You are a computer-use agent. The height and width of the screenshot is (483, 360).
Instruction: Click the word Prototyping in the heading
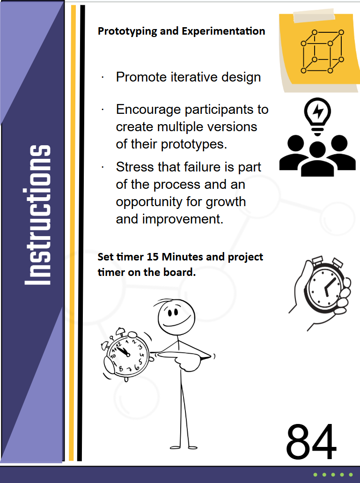pos(127,31)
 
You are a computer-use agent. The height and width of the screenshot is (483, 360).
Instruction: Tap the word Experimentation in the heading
pos(223,31)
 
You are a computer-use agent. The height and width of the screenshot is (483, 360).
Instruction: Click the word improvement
pos(183,219)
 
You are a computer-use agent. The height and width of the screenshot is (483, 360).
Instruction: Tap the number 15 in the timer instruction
pos(152,257)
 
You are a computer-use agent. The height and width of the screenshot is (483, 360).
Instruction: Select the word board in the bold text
pos(179,272)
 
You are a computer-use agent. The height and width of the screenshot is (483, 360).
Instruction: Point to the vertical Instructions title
pos(37,215)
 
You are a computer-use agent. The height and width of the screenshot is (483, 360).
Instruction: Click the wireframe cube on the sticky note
pos(322,52)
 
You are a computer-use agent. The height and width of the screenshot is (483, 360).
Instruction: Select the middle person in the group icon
pos(317,159)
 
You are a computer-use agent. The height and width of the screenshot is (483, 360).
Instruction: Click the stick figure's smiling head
pos(176,317)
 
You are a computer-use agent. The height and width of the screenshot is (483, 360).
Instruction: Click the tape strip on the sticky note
pos(314,16)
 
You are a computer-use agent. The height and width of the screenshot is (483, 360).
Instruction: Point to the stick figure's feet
pos(184,447)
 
